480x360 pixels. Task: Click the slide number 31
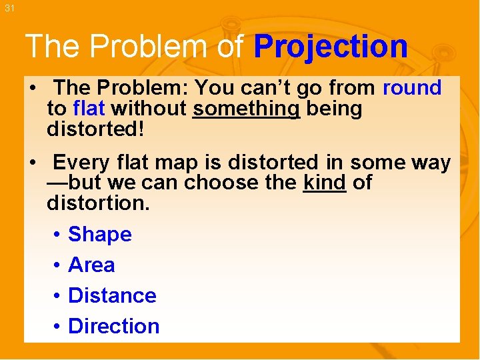tap(9, 8)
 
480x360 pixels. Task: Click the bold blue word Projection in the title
tap(331, 47)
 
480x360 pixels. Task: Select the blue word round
tap(412, 87)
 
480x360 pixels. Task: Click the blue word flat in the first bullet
tap(89, 108)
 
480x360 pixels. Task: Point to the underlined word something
tap(247, 108)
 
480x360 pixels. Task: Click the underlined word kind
tap(324, 183)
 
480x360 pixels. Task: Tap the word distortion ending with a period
tap(99, 203)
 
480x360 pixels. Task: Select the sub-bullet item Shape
tap(100, 235)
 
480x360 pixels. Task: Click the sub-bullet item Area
tap(91, 265)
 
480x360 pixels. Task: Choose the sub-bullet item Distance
tap(112, 295)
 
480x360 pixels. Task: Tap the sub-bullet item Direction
tap(114, 326)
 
